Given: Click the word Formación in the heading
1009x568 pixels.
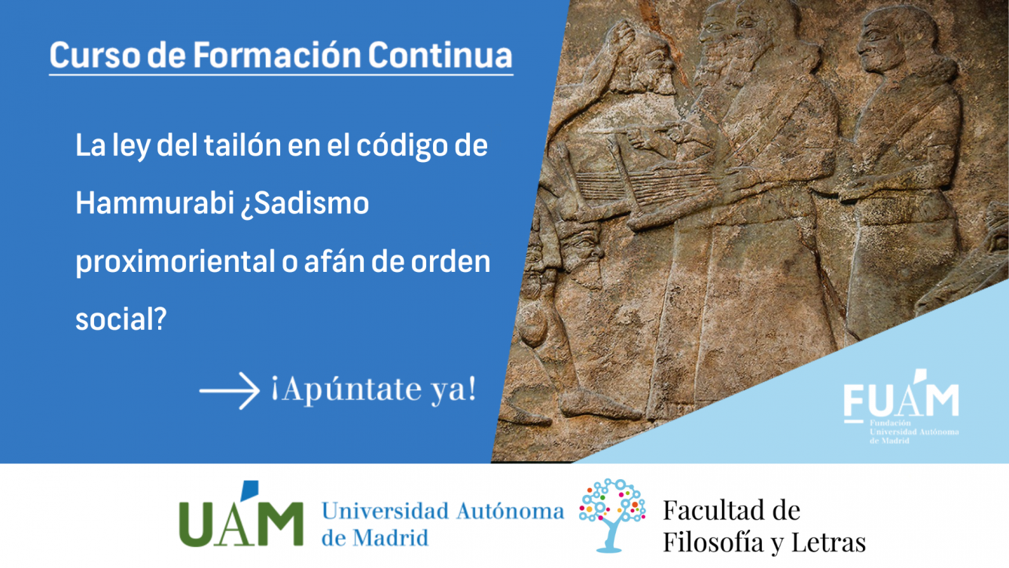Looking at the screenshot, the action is pos(277,55).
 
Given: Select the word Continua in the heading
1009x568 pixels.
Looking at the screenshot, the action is pos(440,55).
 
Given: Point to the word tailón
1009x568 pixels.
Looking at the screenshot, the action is pos(242,145).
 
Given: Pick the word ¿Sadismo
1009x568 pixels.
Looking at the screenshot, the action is pos(305,204).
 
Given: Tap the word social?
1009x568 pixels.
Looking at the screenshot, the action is pos(121,319).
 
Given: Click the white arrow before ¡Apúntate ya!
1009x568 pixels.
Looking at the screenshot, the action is pos(230,391).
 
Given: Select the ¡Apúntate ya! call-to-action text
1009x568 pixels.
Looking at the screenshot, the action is pos(374,389).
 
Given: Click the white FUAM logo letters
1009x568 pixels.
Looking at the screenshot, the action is pos(901,397).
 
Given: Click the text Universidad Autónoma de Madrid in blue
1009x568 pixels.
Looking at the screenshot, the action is pos(443,524).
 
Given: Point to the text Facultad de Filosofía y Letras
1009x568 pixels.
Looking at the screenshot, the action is pos(764,526).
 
